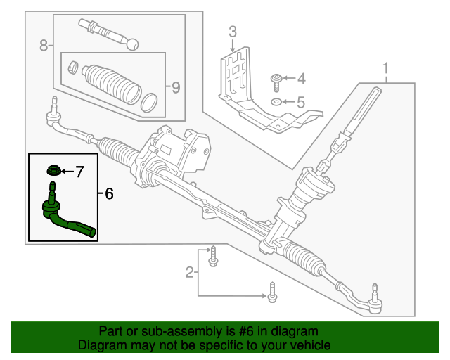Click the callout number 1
[x=385, y=68]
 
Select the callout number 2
[x=189, y=272]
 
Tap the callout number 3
[x=232, y=31]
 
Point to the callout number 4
[x=300, y=78]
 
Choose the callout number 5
[x=300, y=103]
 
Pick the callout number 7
[x=79, y=171]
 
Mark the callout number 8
[x=44, y=46]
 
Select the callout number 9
[x=176, y=87]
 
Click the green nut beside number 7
[x=53, y=170]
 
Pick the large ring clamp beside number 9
[x=149, y=101]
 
